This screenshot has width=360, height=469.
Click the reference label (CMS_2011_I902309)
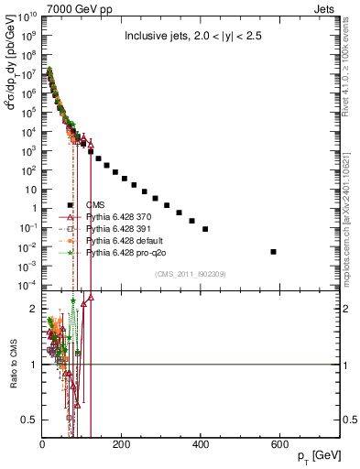pos(190,274)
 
